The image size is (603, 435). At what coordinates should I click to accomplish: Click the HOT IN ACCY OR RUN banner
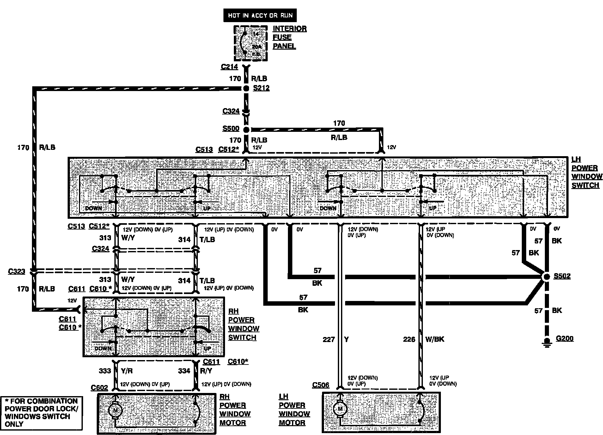pyautogui.click(x=260, y=15)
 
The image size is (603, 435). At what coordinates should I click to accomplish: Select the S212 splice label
pyautogui.click(x=261, y=88)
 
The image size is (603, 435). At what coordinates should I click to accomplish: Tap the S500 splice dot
pyautogui.click(x=246, y=130)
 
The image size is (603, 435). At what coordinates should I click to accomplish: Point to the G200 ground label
pyautogui.click(x=564, y=339)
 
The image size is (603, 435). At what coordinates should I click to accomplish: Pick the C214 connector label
pyautogui.click(x=229, y=67)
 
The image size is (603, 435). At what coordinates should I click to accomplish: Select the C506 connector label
pyautogui.click(x=320, y=385)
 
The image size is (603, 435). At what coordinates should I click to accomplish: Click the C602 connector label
pyautogui.click(x=99, y=388)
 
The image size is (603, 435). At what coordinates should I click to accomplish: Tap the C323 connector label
pyautogui.click(x=17, y=271)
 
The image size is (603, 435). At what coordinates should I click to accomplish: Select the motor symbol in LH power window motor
pyautogui.click(x=340, y=409)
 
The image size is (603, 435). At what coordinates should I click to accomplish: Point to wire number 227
pyautogui.click(x=329, y=339)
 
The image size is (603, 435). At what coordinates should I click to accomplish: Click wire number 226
pyautogui.click(x=409, y=339)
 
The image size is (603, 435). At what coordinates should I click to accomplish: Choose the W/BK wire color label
pyautogui.click(x=435, y=339)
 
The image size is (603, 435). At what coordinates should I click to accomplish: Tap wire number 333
pyautogui.click(x=105, y=371)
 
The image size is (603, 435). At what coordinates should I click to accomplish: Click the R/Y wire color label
pyautogui.click(x=206, y=371)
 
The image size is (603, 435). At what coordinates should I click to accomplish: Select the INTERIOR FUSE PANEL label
pyautogui.click(x=289, y=37)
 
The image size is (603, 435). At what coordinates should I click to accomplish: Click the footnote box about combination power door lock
pyautogui.click(x=41, y=413)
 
